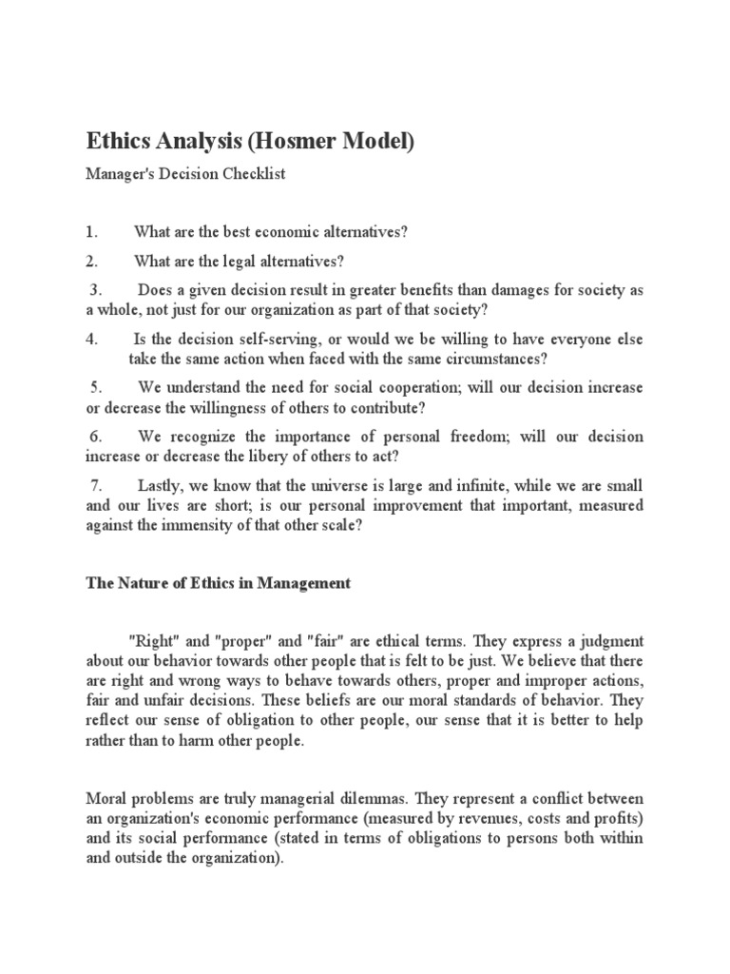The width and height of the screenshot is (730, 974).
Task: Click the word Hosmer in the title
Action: coord(298,143)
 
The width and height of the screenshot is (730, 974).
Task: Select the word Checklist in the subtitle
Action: coord(255,175)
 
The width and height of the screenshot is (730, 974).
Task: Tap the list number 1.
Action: coord(91,232)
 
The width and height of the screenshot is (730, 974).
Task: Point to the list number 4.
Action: coord(91,340)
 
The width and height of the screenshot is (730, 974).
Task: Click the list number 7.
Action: coord(96,485)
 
